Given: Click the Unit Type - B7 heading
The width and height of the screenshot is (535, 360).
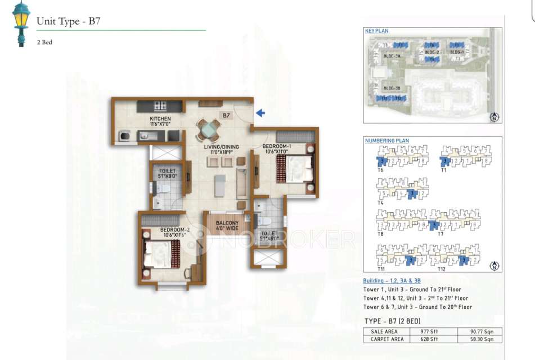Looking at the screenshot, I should tap(68, 22).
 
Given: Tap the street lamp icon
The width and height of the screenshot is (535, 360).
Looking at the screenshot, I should tap(21, 23).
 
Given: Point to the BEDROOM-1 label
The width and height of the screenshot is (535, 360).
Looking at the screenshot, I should tap(275, 148).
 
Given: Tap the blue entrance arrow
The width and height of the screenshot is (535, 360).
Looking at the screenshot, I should tap(260, 113).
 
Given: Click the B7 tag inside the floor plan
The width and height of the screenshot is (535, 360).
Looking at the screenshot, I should tap(226, 115).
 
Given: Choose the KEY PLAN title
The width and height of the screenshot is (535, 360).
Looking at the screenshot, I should tap(376, 31).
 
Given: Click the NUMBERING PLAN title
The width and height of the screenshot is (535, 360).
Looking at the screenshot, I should tap(386, 141).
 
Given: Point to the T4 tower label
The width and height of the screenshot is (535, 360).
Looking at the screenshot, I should tap(381, 202).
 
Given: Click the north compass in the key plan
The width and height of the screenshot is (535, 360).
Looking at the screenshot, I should tap(494, 117).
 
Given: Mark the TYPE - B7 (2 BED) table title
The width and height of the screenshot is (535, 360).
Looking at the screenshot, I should tap(392, 321).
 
